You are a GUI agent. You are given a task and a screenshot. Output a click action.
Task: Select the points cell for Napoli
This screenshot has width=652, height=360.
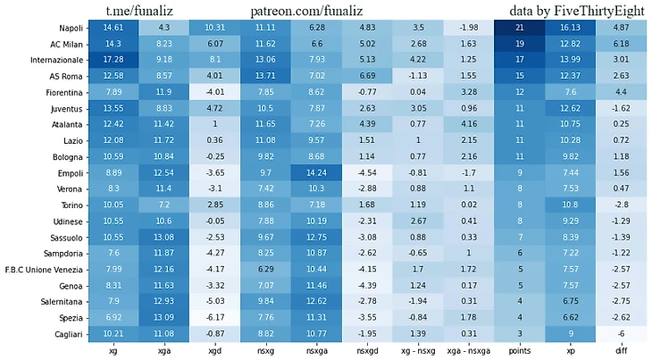519,29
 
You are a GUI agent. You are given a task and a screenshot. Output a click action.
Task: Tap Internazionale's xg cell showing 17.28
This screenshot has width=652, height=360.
113,60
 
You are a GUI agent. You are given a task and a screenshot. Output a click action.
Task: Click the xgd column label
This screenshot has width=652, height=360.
215,352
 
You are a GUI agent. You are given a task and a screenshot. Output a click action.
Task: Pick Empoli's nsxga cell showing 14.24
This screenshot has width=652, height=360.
317,172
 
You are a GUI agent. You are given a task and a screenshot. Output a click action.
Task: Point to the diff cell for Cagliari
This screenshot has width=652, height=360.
621,332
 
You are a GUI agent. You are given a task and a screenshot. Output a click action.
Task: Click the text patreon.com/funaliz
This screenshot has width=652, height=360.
317,10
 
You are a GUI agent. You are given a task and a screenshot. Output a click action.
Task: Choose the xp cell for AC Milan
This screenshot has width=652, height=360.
570,44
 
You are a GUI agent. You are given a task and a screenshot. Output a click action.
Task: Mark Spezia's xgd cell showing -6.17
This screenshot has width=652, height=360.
215,316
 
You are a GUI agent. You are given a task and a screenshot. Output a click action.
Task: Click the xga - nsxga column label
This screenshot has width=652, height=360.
468,352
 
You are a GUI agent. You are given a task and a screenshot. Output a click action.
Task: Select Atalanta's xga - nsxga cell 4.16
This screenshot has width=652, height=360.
468,123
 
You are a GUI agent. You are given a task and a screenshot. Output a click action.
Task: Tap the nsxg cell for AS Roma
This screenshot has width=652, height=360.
266,76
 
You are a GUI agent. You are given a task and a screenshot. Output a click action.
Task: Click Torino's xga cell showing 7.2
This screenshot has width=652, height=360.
164,204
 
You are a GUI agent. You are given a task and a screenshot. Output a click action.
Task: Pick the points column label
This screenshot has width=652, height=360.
519,352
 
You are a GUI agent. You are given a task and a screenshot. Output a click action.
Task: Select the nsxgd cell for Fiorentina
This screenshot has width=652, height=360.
367,92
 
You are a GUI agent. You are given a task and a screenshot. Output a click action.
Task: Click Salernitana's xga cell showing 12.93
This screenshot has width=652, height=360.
164,300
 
